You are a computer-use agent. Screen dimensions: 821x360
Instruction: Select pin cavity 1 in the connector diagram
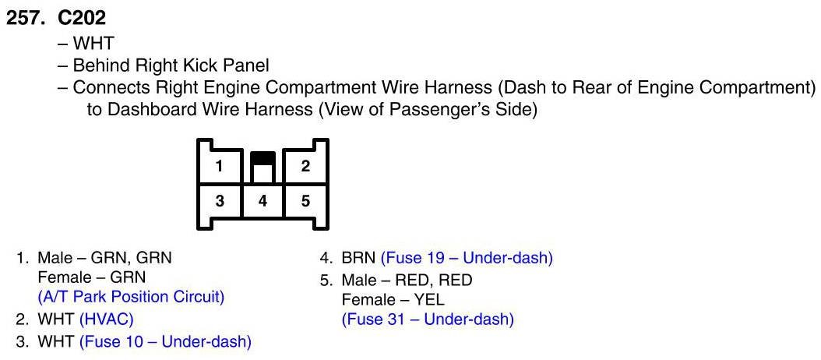click(220, 166)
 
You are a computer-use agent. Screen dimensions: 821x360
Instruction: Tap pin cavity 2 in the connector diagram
click(305, 166)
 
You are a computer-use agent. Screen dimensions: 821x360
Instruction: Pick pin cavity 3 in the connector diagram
click(220, 201)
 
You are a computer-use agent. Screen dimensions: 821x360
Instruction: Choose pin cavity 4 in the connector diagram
click(263, 201)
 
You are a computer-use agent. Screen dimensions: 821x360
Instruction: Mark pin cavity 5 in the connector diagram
click(305, 201)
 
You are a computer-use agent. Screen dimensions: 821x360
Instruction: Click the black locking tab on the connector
click(263, 157)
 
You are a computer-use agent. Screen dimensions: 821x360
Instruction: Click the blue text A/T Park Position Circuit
click(131, 296)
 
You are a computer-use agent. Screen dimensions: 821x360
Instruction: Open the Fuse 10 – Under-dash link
click(165, 341)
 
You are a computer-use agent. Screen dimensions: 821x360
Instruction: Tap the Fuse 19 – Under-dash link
click(466, 258)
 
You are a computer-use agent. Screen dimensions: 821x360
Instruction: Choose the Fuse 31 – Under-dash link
click(428, 319)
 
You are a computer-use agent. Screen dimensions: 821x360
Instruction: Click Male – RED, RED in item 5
click(407, 278)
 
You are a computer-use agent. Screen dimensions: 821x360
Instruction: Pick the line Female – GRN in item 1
click(92, 277)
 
